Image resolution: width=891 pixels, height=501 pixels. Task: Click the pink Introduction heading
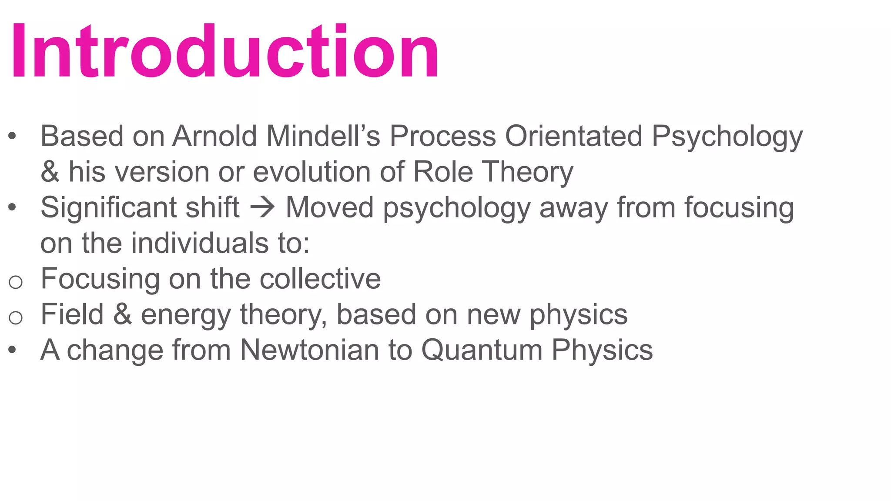click(224, 51)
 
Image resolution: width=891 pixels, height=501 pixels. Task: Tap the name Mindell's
click(323, 136)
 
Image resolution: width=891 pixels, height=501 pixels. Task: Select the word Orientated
click(573, 136)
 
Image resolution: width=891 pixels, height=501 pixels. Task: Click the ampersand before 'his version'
click(50, 172)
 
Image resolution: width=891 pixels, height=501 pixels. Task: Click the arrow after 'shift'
click(263, 207)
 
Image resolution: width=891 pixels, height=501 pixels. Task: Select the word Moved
click(329, 207)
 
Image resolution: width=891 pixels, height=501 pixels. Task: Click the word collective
click(320, 279)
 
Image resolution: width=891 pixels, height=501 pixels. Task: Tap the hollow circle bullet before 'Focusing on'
click(16, 282)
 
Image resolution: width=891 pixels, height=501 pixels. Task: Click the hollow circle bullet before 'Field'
click(16, 318)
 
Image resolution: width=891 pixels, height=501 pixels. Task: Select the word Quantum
click(482, 350)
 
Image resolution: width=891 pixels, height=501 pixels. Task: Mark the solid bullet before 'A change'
click(12, 350)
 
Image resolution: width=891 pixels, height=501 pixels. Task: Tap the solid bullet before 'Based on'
click(12, 136)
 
